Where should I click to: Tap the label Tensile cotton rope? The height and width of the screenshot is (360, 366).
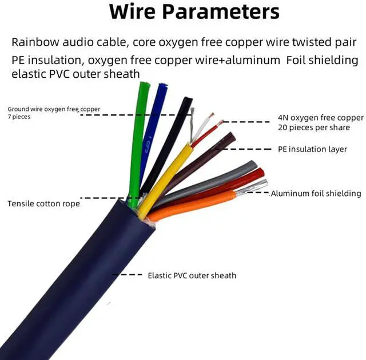pyautogui.click(x=43, y=203)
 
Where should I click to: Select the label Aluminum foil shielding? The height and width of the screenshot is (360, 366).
pyautogui.click(x=316, y=194)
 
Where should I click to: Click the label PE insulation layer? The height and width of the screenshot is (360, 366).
pyautogui.click(x=312, y=149)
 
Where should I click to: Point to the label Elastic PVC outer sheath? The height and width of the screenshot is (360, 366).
pyautogui.click(x=192, y=275)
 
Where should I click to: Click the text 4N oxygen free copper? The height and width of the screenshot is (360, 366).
pyautogui.click(x=320, y=118)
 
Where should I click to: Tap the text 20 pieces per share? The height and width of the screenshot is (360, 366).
pyautogui.click(x=313, y=127)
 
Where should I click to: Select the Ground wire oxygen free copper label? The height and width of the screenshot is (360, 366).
pyautogui.click(x=53, y=109)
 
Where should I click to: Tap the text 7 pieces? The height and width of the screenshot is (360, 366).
pyautogui.click(x=19, y=117)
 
